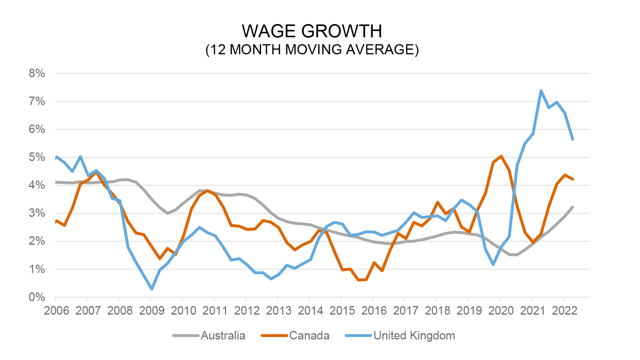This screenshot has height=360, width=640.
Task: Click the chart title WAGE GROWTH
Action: (x=312, y=31)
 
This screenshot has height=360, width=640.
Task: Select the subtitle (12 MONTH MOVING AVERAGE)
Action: (x=312, y=50)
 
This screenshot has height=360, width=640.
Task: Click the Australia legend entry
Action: (x=223, y=336)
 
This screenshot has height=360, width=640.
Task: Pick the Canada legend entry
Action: (x=309, y=336)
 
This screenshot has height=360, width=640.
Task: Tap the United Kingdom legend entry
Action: (x=414, y=336)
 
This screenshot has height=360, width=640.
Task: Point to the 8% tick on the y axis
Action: (x=37, y=73)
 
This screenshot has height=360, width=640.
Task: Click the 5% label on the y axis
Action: (x=37, y=157)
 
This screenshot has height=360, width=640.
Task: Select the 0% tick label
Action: (x=37, y=297)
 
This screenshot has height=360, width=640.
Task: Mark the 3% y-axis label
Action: (x=37, y=213)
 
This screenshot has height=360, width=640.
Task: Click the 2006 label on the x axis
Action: (x=57, y=311)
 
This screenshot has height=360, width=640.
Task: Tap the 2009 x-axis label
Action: (x=152, y=311)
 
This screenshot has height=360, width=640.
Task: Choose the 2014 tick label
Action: (x=310, y=311)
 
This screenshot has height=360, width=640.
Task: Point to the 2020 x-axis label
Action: (x=501, y=311)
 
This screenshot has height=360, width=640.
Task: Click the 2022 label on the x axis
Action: (x=564, y=311)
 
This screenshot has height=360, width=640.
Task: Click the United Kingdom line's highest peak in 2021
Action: (x=541, y=91)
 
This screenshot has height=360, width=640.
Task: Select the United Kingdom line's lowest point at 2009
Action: (x=152, y=289)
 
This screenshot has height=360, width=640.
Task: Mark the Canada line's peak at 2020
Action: (x=501, y=156)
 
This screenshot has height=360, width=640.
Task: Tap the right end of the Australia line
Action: (x=573, y=207)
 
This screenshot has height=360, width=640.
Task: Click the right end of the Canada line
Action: (x=573, y=179)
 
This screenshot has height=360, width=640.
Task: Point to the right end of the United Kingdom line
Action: (x=573, y=139)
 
